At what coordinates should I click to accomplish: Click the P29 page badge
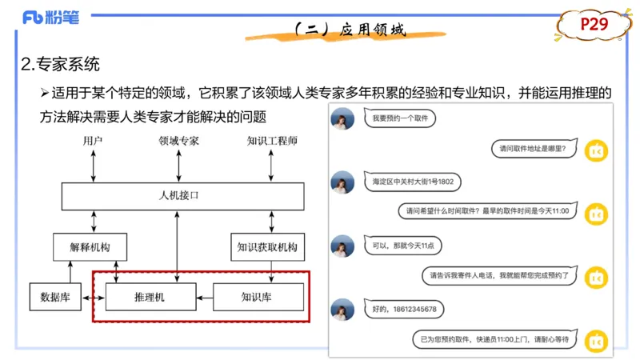click(x=594, y=26)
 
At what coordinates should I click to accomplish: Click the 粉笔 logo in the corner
click(x=50, y=17)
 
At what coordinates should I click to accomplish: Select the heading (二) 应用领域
click(x=350, y=30)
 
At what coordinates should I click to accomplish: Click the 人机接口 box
click(x=182, y=196)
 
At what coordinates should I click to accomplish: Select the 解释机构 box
click(x=90, y=247)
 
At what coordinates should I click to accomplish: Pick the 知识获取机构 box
click(x=267, y=247)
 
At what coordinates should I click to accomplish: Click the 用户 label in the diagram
click(x=94, y=141)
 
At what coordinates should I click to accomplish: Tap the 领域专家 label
click(x=178, y=141)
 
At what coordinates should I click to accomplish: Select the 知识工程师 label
click(x=272, y=141)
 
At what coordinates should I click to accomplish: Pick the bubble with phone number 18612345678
click(x=403, y=308)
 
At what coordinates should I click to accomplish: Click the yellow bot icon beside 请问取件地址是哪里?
click(x=596, y=150)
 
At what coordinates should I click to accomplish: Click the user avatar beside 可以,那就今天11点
click(x=342, y=246)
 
